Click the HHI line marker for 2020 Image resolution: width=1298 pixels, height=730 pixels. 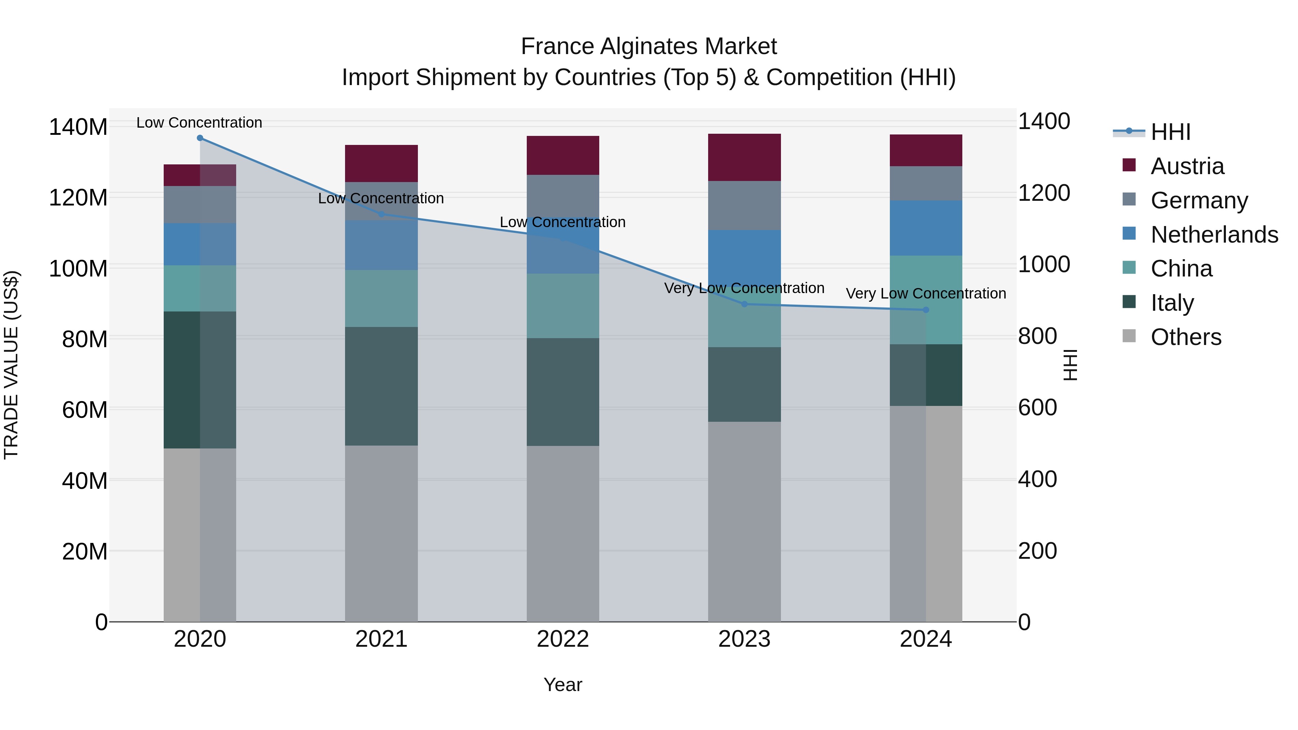(200, 138)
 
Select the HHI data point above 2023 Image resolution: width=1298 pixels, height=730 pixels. (744, 304)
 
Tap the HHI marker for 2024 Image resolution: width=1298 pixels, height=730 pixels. (926, 310)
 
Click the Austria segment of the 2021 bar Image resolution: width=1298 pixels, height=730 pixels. (381, 163)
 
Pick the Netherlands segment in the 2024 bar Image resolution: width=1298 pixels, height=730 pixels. (926, 228)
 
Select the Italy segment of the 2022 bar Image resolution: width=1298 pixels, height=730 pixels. (563, 391)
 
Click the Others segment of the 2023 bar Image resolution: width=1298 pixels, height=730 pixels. (744, 521)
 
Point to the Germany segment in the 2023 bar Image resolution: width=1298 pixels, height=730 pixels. (744, 205)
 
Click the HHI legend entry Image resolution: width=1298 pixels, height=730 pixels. (1170, 132)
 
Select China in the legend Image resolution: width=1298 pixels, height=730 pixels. (1181, 269)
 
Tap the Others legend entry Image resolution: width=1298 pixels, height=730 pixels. (1186, 337)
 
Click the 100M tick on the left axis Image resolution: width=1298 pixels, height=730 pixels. (78, 269)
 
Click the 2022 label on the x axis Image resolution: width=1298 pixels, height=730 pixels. (563, 639)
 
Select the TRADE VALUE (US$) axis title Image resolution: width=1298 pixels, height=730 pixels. (11, 365)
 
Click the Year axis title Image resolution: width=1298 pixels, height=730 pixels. (563, 685)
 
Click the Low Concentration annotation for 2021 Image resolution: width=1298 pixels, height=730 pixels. (381, 199)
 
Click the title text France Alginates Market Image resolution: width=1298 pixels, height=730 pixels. (649, 47)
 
